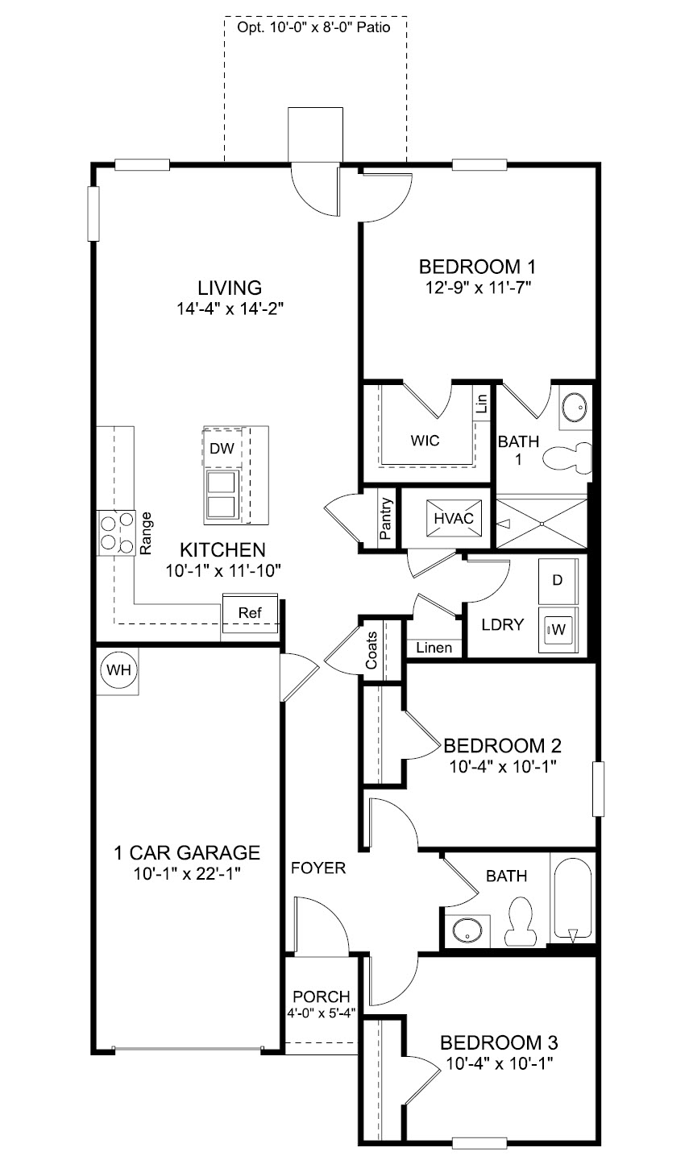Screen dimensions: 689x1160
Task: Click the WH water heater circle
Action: point(118,670)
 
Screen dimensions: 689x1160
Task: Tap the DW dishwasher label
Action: point(222,449)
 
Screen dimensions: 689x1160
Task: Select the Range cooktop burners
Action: point(117,533)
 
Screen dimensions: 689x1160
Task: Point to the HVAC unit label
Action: point(454,519)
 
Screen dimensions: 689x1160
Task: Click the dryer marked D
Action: point(558,581)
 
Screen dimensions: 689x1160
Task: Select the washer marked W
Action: point(558,630)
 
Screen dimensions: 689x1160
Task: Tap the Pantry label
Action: point(385,519)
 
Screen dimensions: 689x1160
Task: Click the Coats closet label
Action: point(371,650)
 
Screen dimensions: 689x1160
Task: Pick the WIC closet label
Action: point(425,441)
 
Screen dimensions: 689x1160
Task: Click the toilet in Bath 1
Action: point(568,458)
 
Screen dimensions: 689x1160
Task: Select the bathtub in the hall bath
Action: point(573,901)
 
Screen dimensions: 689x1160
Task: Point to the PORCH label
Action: point(322,997)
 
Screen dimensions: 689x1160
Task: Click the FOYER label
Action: point(318,868)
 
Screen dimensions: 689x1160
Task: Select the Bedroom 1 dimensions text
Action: point(478,287)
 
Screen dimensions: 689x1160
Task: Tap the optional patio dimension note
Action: point(314,27)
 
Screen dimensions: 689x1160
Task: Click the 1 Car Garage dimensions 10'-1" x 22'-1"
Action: point(187,874)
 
